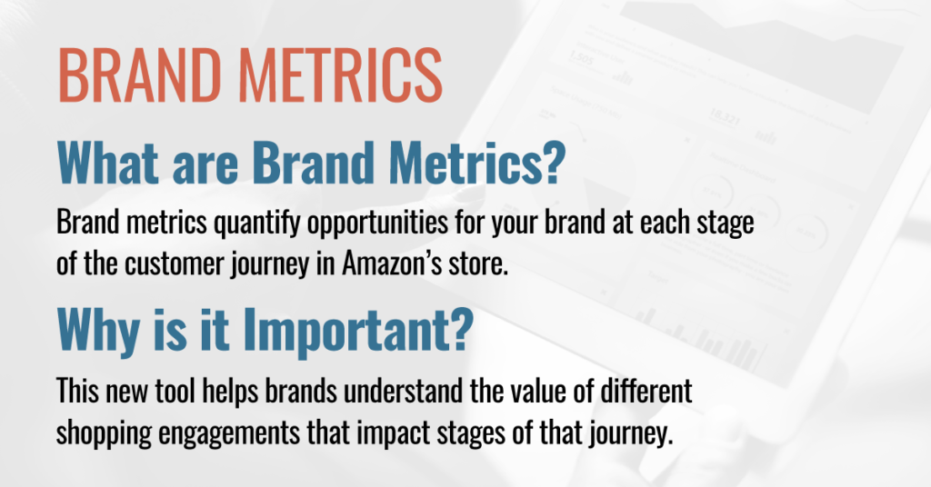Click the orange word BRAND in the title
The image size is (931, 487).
(x=139, y=75)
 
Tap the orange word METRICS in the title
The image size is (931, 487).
(x=341, y=75)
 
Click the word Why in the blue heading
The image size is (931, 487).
(x=98, y=330)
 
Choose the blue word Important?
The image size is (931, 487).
(x=358, y=330)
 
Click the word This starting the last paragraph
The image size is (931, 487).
(x=77, y=391)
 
